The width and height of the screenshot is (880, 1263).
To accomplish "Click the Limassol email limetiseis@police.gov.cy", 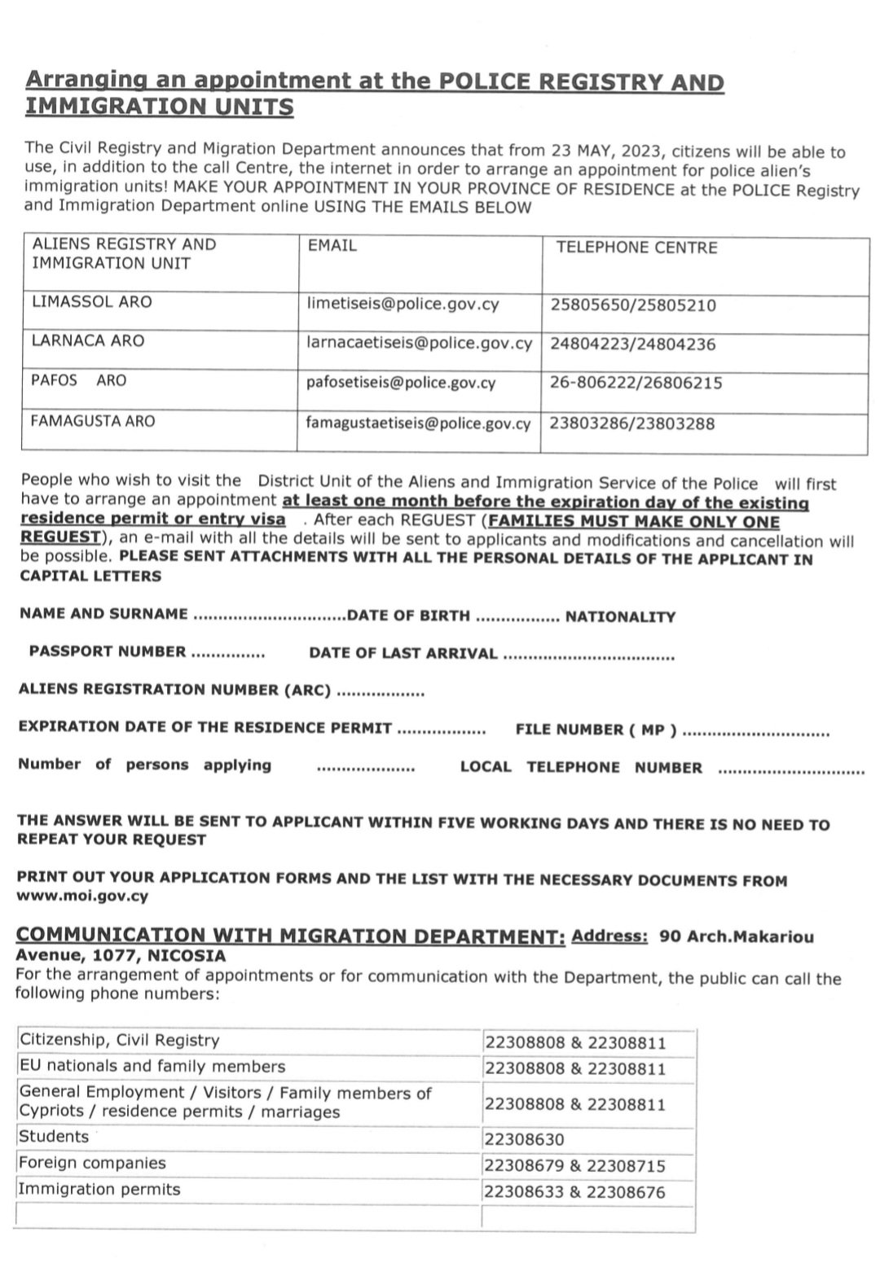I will pos(403,304).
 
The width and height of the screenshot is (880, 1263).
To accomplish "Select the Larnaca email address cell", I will pos(419,343).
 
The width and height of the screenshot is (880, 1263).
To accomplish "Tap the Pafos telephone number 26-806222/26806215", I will pos(636,383).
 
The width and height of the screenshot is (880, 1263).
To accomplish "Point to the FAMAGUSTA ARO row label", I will pos(92,421).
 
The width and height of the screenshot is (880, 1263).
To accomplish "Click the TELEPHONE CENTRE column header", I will pos(636,248).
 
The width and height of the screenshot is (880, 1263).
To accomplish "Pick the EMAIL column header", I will pos(332,245).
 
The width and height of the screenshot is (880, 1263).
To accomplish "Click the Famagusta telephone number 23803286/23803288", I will pos(632,423).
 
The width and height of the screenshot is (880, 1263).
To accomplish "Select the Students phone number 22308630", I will pos(524,1139).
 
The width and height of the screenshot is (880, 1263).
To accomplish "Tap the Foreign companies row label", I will pos(92,1163).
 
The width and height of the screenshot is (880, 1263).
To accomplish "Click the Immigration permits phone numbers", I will pos(574,1192).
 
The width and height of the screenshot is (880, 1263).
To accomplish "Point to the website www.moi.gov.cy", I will pos(82,897).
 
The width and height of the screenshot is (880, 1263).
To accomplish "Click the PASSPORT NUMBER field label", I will pos(108,651).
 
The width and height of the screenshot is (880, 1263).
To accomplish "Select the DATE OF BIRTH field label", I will pos(408,616).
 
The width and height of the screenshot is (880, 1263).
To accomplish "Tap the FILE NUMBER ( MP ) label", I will pos(596,730).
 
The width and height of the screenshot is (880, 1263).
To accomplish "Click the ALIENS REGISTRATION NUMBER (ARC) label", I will pos(174,690).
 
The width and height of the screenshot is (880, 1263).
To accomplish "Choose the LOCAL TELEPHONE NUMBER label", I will pos(581,767).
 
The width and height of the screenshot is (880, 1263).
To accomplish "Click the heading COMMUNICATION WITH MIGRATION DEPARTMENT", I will pos(291,936).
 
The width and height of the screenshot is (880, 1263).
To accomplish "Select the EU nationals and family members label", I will pos(152,1066).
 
